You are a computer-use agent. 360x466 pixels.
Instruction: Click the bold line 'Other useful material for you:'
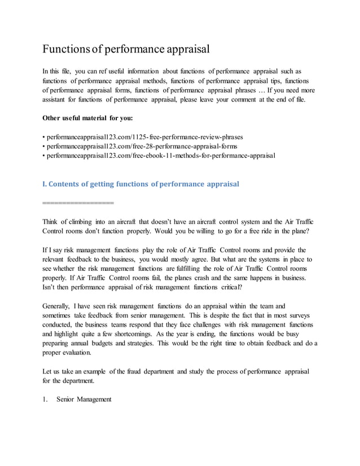coord(87,118)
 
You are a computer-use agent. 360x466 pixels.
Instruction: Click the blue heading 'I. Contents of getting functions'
coord(141,184)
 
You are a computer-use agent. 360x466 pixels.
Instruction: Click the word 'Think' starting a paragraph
coord(52,222)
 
